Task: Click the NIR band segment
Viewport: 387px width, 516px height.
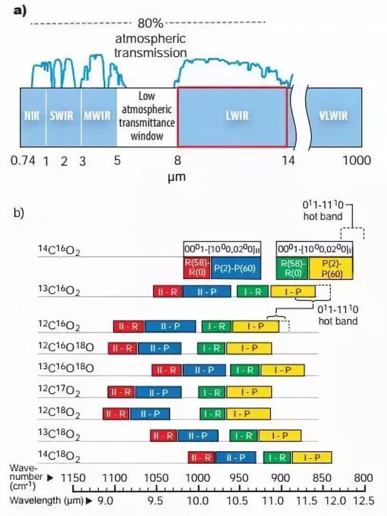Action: coord(33,116)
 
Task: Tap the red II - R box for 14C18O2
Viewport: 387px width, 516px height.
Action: coord(202,458)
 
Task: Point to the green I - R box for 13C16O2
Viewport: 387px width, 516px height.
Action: coord(253,292)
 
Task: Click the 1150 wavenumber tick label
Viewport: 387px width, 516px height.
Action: coord(72,477)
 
